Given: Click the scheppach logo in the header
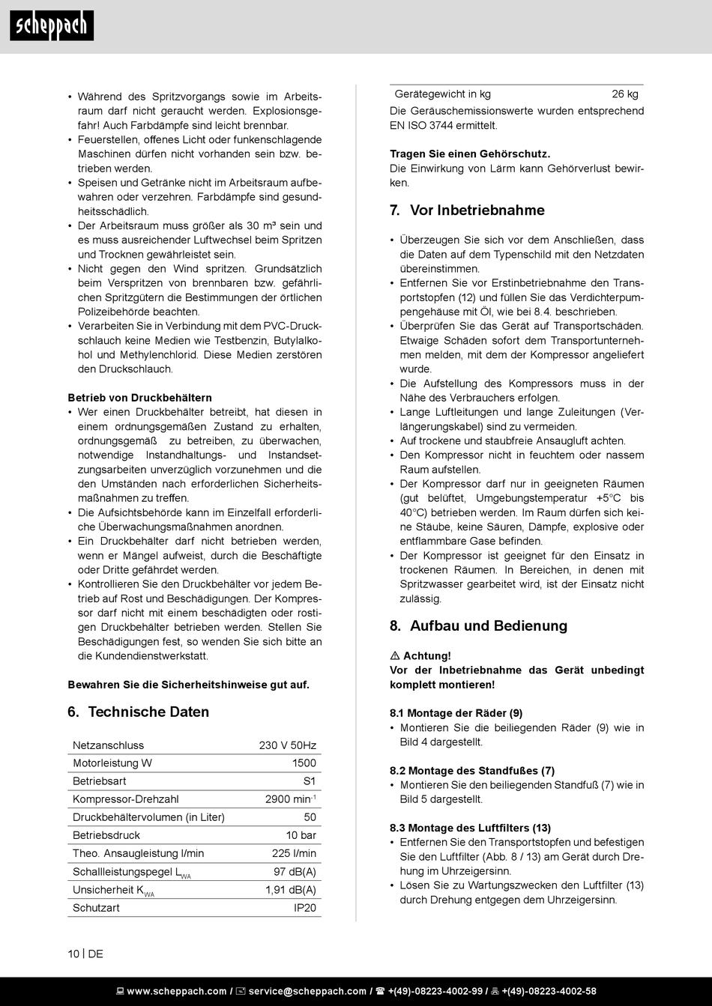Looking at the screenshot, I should (x=52, y=26).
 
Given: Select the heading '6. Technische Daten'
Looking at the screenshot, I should (x=139, y=712).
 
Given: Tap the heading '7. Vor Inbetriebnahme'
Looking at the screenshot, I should (x=467, y=210).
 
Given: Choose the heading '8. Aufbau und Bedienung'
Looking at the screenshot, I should (x=478, y=626).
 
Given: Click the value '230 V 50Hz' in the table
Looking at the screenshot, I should (x=288, y=745).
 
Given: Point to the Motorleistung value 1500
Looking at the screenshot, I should (x=304, y=763).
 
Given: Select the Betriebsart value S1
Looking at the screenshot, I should (x=310, y=781).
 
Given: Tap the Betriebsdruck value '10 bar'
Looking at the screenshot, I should (x=301, y=835).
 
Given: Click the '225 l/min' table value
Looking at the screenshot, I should (x=294, y=853).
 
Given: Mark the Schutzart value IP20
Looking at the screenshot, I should (x=305, y=908).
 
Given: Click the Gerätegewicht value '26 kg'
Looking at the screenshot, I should (x=625, y=94).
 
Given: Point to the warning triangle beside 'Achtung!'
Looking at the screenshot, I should (x=395, y=656).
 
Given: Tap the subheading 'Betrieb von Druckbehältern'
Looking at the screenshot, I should (x=139, y=398).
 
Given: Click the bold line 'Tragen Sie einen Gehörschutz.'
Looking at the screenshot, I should (x=470, y=154).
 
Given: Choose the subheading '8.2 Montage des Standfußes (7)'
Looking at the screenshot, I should (x=472, y=771).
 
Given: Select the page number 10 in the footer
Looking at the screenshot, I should (x=73, y=954).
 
